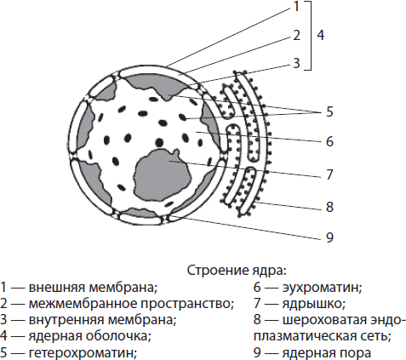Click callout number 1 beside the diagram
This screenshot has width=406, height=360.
[x=296, y=6]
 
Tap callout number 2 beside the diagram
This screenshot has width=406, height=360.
[x=296, y=35]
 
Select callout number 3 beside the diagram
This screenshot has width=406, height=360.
[x=296, y=63]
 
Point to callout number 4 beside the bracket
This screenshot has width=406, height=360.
[x=320, y=35]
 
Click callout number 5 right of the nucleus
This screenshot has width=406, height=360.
[x=329, y=111]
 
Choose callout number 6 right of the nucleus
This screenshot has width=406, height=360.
[x=329, y=141]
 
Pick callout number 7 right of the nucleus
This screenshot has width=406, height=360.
[x=329, y=174]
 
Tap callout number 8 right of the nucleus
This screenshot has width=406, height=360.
[x=329, y=207]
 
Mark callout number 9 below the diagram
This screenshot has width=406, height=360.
[x=329, y=237]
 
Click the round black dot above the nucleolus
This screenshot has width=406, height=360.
[x=159, y=142]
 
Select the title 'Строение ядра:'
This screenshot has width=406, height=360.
[x=237, y=271]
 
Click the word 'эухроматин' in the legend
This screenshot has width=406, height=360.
[x=322, y=288]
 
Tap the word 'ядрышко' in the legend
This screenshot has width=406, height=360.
[x=313, y=304]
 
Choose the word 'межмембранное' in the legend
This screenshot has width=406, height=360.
[x=83, y=304]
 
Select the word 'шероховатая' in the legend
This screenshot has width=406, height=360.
[x=325, y=320]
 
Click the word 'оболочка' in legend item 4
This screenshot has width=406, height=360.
[x=117, y=336]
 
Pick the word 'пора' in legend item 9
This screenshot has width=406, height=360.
[x=356, y=353]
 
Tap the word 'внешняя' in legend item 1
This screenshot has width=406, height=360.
[x=57, y=288]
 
